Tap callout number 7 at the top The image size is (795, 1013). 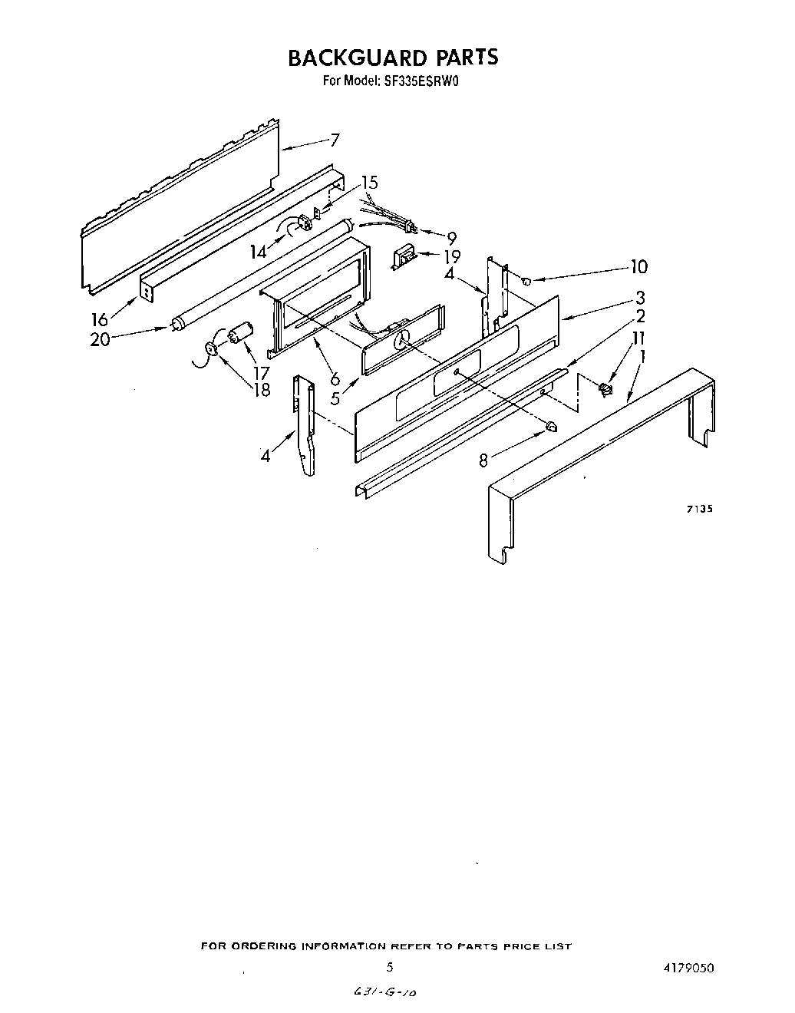(x=335, y=140)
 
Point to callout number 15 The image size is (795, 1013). (x=370, y=183)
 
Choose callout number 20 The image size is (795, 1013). (x=100, y=338)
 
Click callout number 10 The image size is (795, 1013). (x=638, y=266)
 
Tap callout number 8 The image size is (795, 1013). (x=483, y=460)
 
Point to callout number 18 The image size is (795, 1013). (x=262, y=390)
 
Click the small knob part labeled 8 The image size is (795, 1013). (x=551, y=427)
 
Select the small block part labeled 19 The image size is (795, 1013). (x=404, y=257)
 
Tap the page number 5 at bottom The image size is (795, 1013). (x=390, y=968)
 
